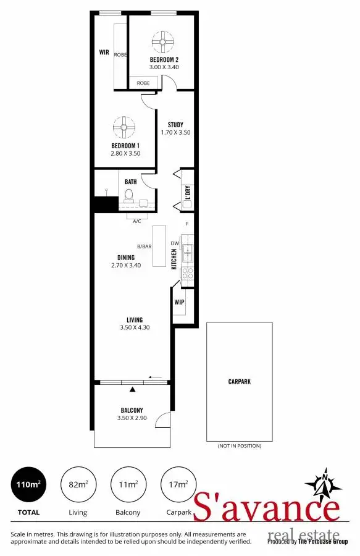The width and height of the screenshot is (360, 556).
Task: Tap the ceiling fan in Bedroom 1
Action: (123, 128)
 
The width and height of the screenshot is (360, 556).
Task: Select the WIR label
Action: (104, 53)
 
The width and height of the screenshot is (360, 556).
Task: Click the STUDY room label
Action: (175, 125)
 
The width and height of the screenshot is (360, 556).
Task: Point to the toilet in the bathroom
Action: (128, 195)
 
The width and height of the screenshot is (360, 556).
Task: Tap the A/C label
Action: (137, 221)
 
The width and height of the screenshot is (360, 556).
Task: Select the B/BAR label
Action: (144, 246)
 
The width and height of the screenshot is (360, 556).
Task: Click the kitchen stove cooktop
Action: (188, 273)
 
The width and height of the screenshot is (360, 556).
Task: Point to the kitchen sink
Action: (188, 252)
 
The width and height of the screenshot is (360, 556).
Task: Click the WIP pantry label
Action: (179, 303)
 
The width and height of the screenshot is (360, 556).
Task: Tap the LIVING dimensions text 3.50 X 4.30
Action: (135, 327)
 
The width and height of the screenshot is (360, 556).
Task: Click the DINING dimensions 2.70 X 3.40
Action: (126, 265)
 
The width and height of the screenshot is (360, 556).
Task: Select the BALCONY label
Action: (132, 410)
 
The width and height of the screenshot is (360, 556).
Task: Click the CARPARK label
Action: (239, 382)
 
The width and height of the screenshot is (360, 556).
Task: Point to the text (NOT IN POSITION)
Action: (239, 445)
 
